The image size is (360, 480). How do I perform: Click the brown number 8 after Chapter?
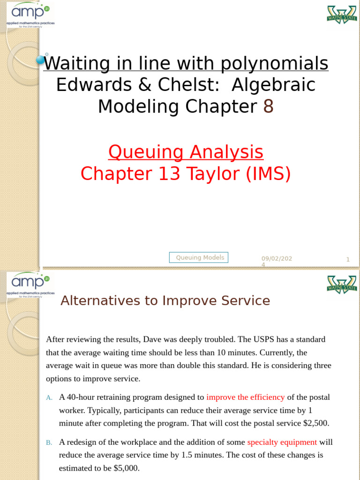pos(268,107)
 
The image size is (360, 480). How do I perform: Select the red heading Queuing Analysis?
pos(186,152)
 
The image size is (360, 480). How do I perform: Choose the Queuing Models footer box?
pos(199,257)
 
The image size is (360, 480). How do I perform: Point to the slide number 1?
pos(348,259)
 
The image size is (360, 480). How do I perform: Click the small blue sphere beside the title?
pos(41,60)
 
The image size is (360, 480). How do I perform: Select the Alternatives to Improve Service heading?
pos(165,301)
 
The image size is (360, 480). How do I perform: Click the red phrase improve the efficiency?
pos(245,397)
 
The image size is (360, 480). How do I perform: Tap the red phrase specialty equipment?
pos(282,442)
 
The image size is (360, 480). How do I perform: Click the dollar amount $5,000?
pos(127,468)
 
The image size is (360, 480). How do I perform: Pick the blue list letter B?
pos(48,442)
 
